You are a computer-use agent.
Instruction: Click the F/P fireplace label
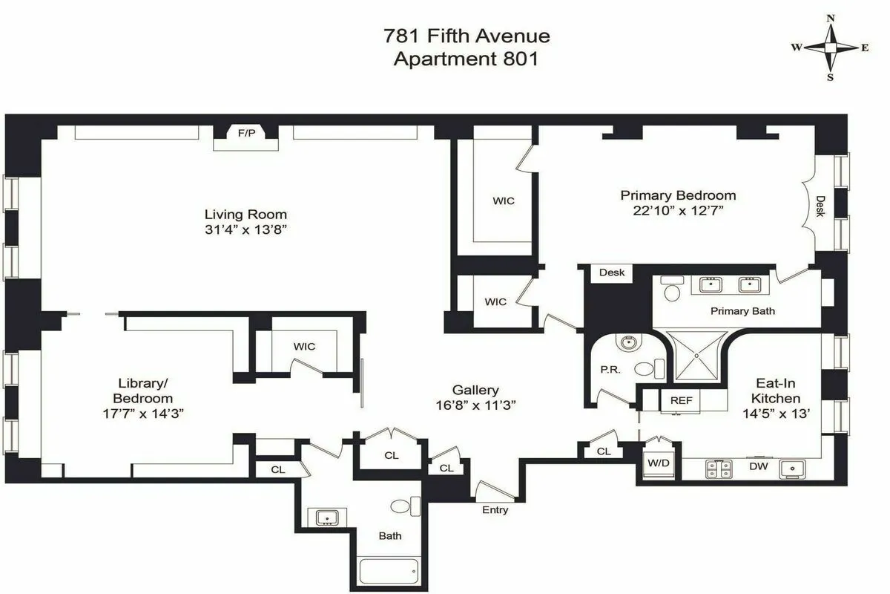pos(244,134)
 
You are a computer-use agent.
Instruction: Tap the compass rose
pos(831,48)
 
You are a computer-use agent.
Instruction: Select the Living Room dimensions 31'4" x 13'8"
pos(245,230)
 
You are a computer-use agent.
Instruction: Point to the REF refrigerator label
pos(681,400)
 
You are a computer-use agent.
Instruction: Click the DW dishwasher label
pos(758,467)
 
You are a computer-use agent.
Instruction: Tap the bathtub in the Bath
pos(388,572)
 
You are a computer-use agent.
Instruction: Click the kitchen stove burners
pos(718,469)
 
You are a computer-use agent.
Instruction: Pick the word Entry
pos(495,510)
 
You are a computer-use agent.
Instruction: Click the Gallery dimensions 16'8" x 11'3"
pos(475,405)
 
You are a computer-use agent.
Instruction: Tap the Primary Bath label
pos(742,311)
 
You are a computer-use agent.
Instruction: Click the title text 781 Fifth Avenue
pos(467,36)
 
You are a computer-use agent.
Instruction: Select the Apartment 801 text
pos(466,59)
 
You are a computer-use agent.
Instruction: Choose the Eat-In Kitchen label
pos(777,391)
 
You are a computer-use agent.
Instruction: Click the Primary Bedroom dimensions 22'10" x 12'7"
pos(678,211)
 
